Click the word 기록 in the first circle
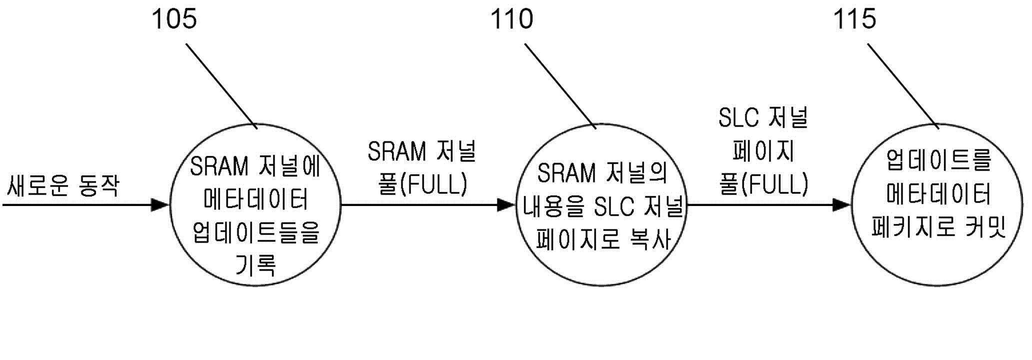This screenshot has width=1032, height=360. click(255, 265)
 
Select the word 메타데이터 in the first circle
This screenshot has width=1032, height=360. click(256, 199)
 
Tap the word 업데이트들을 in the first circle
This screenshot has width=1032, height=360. click(255, 232)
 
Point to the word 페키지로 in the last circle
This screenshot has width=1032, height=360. click(905, 228)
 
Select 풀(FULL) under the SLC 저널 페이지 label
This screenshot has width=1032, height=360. click(763, 184)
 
